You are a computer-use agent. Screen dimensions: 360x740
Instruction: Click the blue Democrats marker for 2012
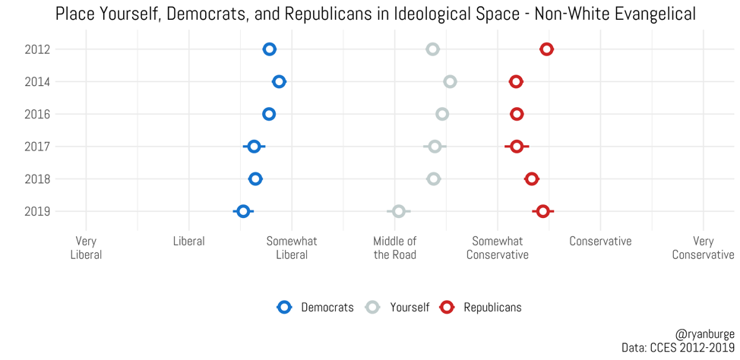point(269,49)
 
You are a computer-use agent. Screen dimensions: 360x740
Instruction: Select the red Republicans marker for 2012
point(546,49)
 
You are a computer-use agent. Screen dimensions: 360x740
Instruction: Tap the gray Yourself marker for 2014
point(450,81)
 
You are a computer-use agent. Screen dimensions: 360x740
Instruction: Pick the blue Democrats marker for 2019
point(243,211)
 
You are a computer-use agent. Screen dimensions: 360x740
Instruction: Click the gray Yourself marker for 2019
point(399,211)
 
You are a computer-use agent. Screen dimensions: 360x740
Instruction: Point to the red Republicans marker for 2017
point(517,146)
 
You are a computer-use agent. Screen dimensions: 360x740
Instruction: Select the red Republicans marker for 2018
point(532,178)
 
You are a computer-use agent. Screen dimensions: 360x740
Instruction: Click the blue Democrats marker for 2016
point(269,114)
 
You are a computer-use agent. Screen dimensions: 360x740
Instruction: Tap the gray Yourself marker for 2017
point(435,146)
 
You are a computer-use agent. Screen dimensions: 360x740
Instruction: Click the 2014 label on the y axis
point(36,81)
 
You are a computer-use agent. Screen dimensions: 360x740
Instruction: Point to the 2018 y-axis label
point(36,178)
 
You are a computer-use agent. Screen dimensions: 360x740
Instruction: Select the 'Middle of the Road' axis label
point(395,248)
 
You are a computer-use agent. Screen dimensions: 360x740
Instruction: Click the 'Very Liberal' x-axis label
point(86,248)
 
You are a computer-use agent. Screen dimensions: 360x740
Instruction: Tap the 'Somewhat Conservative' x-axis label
point(498,248)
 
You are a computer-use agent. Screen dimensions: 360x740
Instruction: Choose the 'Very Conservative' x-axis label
point(703,248)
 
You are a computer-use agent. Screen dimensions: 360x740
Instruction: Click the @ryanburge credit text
point(704,334)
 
